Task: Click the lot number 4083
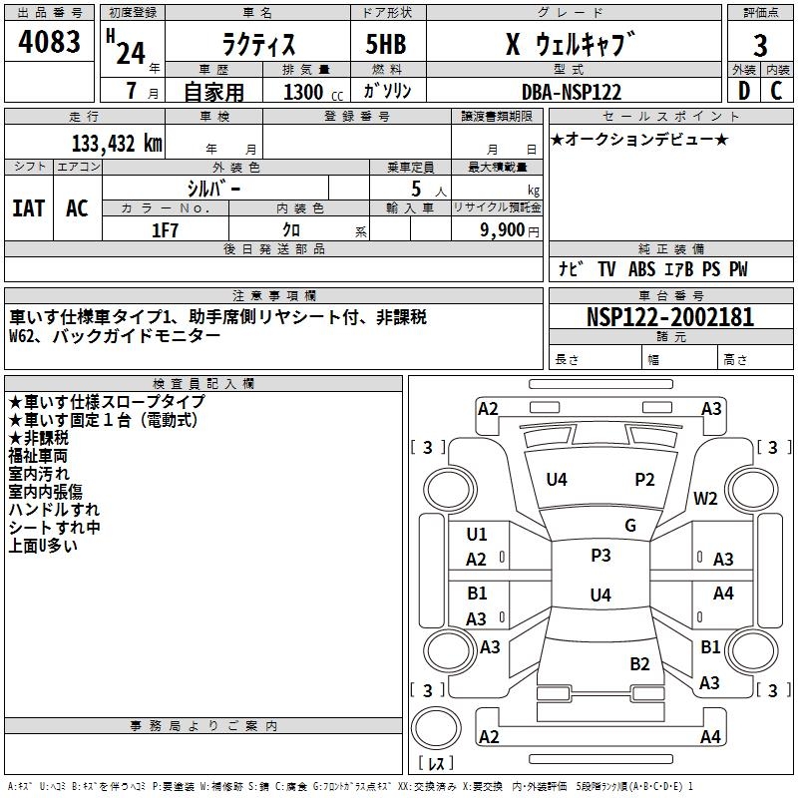pyautogui.click(x=49, y=42)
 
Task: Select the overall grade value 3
pyautogui.click(x=760, y=46)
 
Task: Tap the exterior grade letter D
pyautogui.click(x=744, y=91)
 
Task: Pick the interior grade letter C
pyautogui.click(x=776, y=91)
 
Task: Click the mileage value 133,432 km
pyautogui.click(x=117, y=144)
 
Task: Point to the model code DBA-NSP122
pyautogui.click(x=572, y=92)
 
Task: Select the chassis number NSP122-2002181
pyautogui.click(x=670, y=317)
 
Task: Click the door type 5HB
pyautogui.click(x=386, y=44)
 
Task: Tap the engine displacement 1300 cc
pyautogui.click(x=313, y=92)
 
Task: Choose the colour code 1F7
pyautogui.click(x=165, y=230)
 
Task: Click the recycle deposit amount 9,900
pyautogui.click(x=503, y=230)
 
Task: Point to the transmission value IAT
pyautogui.click(x=29, y=208)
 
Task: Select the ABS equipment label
pyautogui.click(x=641, y=269)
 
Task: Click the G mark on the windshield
pyautogui.click(x=630, y=526)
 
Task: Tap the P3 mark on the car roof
pyautogui.click(x=600, y=556)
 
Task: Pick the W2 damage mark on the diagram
pyautogui.click(x=705, y=499)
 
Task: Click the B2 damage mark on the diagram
pyautogui.click(x=639, y=664)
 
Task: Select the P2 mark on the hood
pyautogui.click(x=644, y=480)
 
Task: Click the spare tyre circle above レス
pyautogui.click(x=436, y=728)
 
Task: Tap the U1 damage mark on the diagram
pyautogui.click(x=477, y=535)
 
